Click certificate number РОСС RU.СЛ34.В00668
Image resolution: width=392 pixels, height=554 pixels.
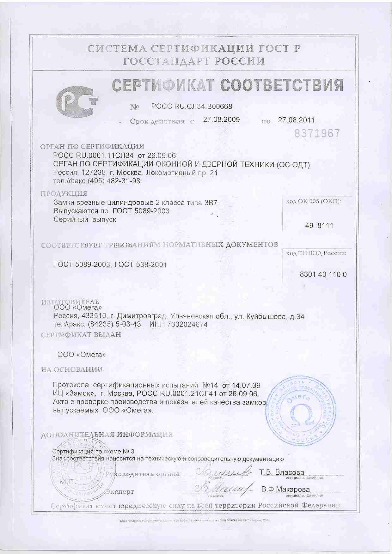[192, 107]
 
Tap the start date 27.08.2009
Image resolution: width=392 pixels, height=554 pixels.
[221, 120]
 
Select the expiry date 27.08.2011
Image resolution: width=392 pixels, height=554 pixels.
[296, 120]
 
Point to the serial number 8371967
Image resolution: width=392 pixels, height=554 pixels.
[317, 133]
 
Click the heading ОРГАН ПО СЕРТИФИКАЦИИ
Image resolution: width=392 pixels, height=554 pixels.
[92, 147]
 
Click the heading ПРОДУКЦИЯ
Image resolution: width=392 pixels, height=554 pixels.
[64, 194]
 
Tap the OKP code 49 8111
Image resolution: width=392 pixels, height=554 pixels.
[319, 226]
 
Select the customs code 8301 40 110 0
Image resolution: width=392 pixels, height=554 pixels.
[323, 274]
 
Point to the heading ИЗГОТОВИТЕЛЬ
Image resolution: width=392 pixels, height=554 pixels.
[70, 302]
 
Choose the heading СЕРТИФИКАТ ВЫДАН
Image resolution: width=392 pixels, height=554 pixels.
[81, 335]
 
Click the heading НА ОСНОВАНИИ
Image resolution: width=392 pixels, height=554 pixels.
[72, 369]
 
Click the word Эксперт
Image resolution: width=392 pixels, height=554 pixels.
[120, 492]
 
